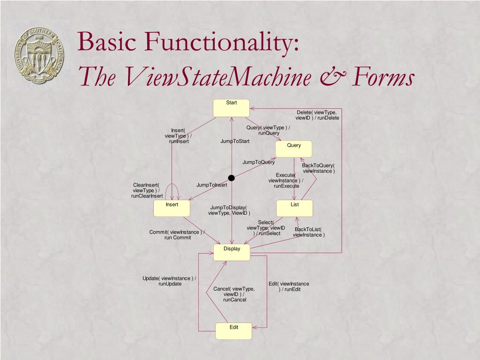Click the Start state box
[x=232, y=108]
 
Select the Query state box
[x=294, y=149]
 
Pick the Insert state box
[x=172, y=209]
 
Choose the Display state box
[x=232, y=252]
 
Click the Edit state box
[x=234, y=331]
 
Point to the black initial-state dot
[x=231, y=178]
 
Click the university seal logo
[x=41, y=55]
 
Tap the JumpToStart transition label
[x=235, y=141]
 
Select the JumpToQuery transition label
[x=258, y=162]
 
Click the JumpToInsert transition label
[x=211, y=185]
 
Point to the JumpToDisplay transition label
[x=229, y=210]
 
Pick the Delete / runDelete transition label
[x=317, y=115]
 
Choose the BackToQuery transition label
[x=318, y=168]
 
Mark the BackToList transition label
[x=308, y=232]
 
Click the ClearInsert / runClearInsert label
[x=147, y=190]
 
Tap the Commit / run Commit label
[x=177, y=234]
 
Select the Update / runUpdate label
[x=170, y=281]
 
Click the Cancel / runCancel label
[x=234, y=294]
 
